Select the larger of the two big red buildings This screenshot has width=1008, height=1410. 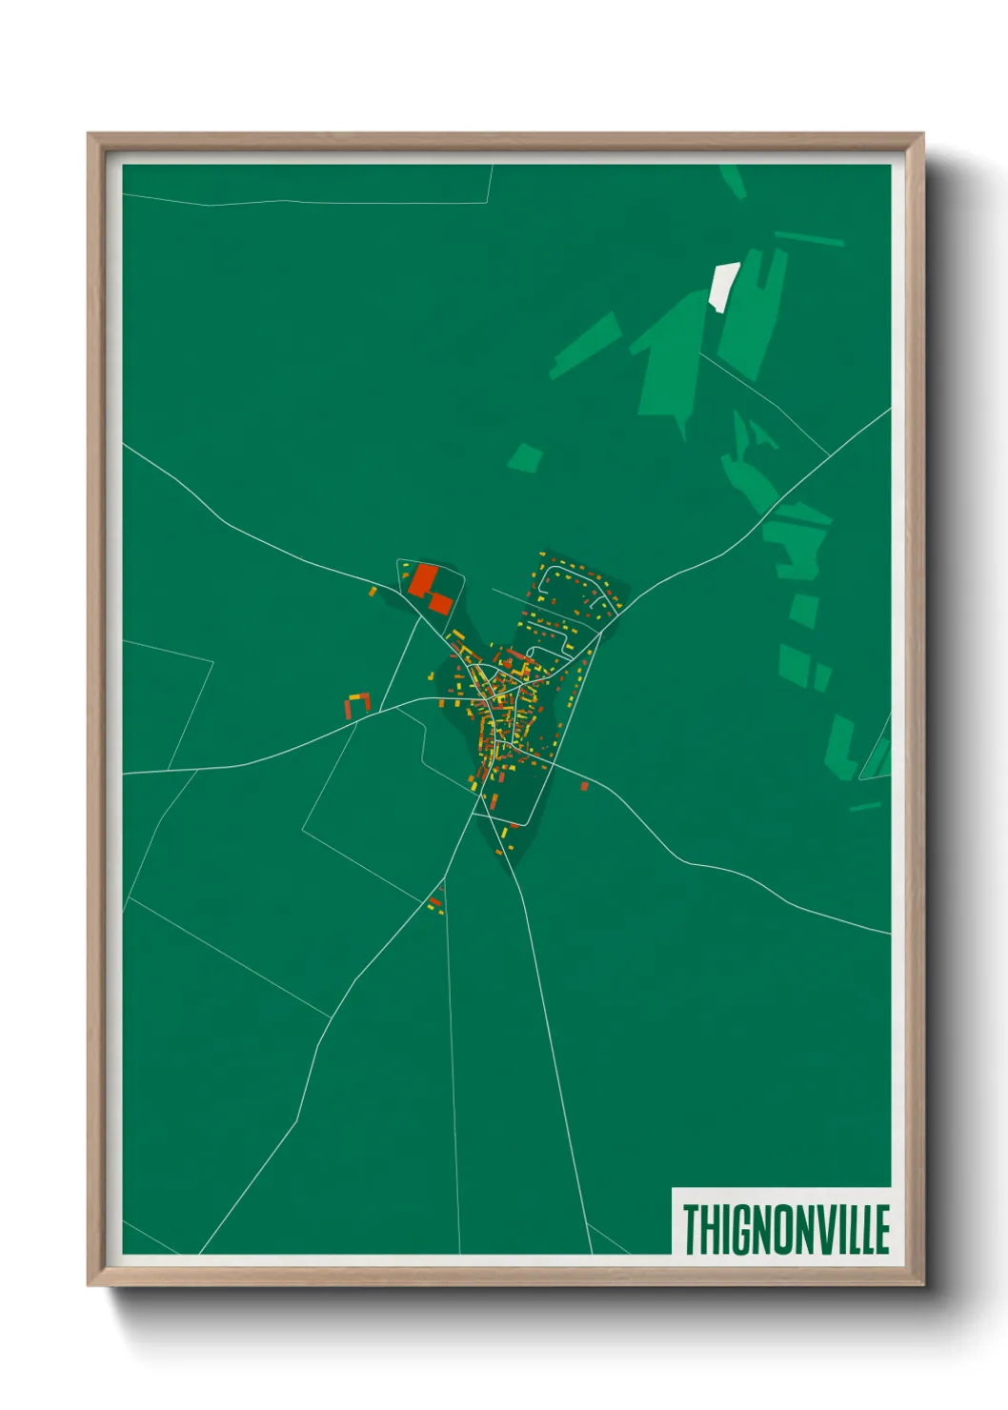(424, 580)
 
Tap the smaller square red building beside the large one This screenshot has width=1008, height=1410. (440, 602)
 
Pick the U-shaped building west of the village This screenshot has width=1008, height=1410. (356, 703)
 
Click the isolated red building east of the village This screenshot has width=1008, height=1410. (584, 786)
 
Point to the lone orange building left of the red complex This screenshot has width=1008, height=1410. (373, 592)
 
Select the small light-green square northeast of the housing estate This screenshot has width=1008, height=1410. (525, 458)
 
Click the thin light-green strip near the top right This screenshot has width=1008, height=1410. (809, 238)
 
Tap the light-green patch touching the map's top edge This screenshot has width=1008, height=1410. (732, 180)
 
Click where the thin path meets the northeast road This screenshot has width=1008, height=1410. (827, 455)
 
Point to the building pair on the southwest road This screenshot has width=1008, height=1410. (436, 903)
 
